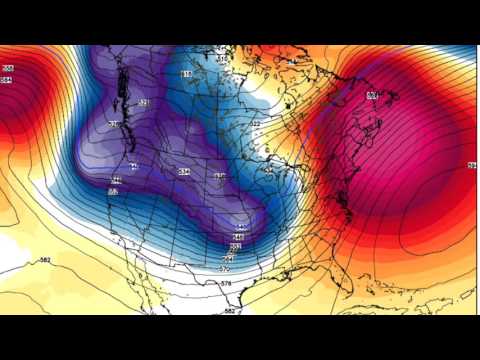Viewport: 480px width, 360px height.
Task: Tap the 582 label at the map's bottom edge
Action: click(x=230, y=311)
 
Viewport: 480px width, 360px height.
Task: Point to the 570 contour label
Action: click(x=224, y=269)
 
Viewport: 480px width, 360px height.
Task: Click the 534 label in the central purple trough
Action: click(x=184, y=172)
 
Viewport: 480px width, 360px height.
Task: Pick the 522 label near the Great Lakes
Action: click(x=255, y=124)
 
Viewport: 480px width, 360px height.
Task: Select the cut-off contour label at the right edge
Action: click(x=471, y=164)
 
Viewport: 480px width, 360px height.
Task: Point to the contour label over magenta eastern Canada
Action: click(x=371, y=95)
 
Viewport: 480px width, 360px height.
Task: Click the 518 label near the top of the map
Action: click(x=186, y=75)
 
